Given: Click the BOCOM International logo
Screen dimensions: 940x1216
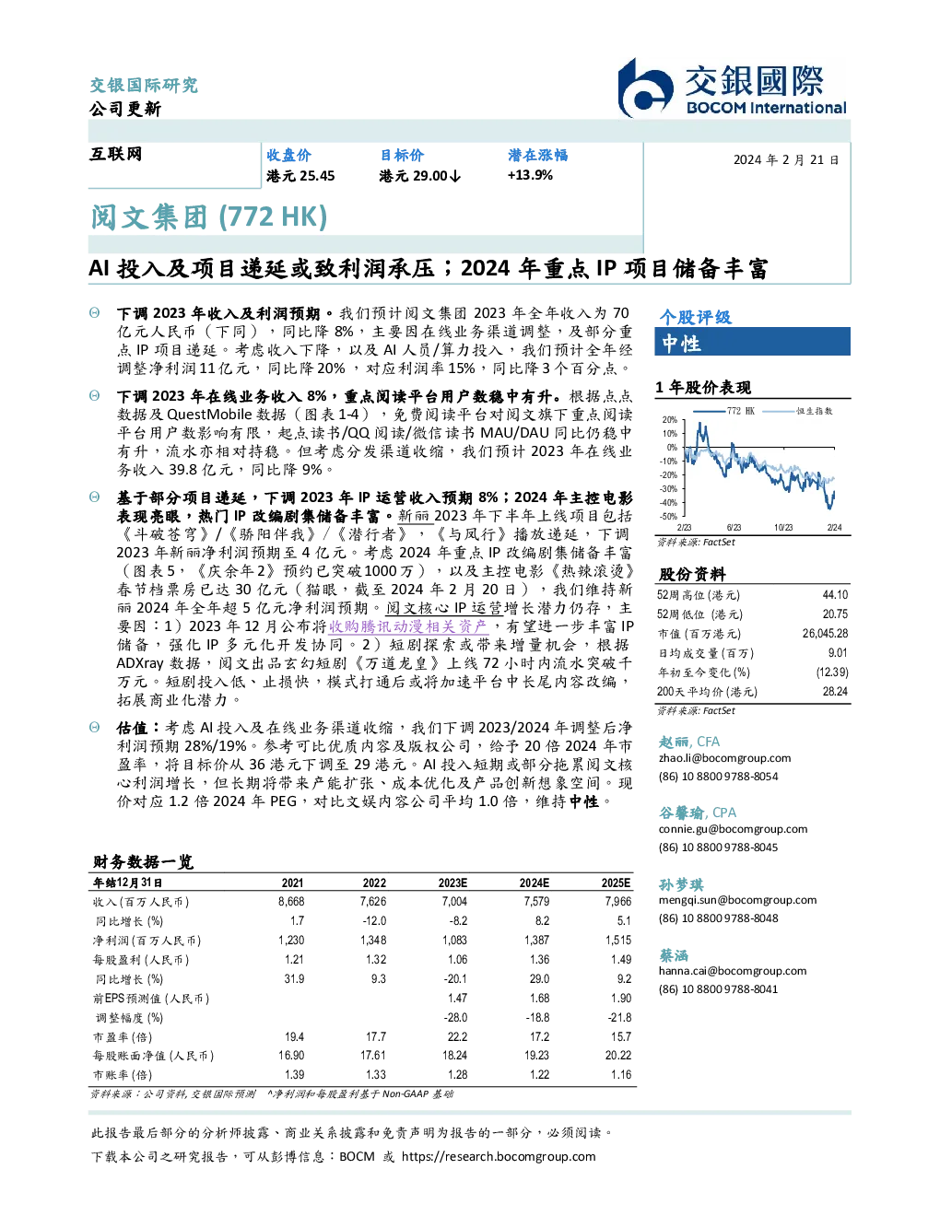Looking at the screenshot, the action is [732, 88].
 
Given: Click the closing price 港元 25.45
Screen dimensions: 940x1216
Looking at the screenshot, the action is [300, 176].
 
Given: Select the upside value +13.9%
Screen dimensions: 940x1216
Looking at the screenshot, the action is [530, 175].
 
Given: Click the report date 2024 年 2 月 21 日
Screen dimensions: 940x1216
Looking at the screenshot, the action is [786, 160].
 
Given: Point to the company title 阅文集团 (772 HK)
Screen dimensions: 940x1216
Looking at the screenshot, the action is [209, 217].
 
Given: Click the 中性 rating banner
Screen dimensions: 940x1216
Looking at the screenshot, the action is [752, 342].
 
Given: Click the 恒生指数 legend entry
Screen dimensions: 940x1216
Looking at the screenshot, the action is [814, 411].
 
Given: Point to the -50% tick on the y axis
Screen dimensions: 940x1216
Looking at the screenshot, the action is [669, 517].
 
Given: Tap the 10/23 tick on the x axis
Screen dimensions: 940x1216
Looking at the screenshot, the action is [783, 528].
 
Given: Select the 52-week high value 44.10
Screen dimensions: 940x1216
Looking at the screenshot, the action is [835, 595].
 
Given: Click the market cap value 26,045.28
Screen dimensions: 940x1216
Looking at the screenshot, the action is [825, 634].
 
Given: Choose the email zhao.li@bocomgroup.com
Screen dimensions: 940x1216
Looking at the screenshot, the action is [724, 758].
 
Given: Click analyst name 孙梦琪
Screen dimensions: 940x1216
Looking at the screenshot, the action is [681, 884].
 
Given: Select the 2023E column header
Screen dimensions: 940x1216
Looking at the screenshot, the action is [452, 883].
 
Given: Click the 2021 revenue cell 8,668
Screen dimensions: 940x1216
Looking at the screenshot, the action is [291, 902].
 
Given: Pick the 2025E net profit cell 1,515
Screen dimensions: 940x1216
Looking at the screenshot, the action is [618, 941].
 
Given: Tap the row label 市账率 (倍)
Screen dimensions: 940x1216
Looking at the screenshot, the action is [123, 1075].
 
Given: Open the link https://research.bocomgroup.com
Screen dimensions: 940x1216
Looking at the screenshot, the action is [499, 1157].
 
